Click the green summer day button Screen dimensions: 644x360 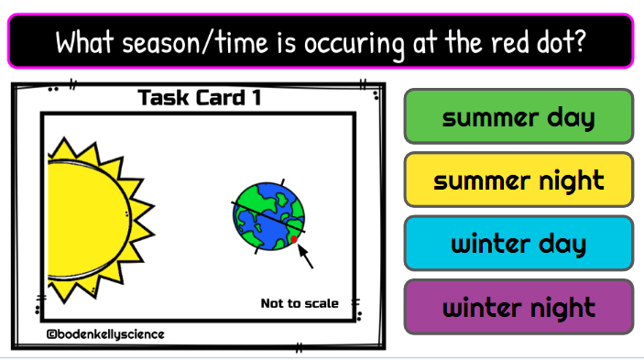pos(518,116)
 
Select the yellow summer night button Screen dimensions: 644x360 pos(518,180)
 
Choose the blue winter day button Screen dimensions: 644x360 pos(518,244)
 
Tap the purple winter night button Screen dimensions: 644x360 pos(518,307)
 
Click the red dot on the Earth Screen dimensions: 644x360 pos(294,240)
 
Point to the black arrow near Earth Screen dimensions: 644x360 pos(305,256)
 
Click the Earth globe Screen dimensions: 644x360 pos(268,216)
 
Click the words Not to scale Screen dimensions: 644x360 pos(300,303)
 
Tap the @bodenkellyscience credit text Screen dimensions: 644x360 pos(105,334)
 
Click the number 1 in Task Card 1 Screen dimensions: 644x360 pos(257,98)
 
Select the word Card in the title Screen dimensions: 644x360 pos(220,98)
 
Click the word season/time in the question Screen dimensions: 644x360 pos(195,43)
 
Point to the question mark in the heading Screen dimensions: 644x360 pos(580,41)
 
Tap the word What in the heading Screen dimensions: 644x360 pos(84,41)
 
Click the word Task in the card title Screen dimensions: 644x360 pos(164,98)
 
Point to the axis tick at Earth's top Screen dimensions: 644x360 pos(282,182)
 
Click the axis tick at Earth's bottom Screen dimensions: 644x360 pos(257,250)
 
